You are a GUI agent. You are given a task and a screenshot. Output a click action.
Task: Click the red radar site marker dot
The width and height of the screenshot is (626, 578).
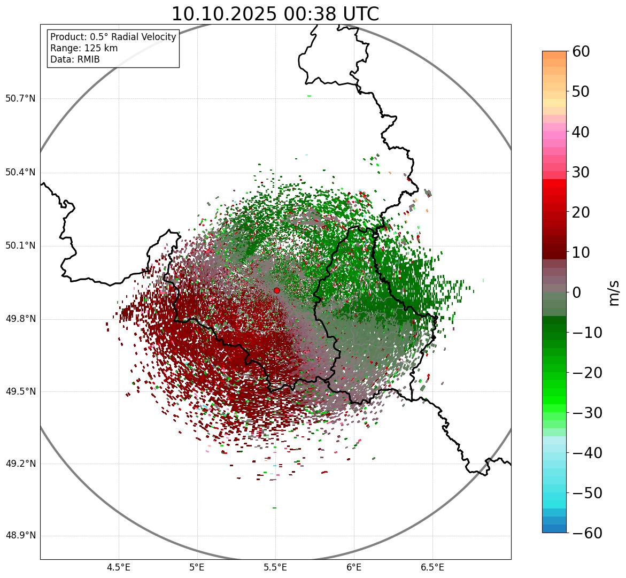tap(276, 290)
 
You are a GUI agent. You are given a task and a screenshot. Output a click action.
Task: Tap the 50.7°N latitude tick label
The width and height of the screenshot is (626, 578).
tap(20, 98)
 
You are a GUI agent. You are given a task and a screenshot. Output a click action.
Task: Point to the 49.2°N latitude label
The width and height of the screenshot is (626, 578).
tap(20, 464)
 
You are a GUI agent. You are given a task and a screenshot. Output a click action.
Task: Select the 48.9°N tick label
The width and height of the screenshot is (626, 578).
tap(20, 536)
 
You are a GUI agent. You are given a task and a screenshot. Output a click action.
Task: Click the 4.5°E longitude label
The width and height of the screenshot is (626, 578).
tap(119, 567)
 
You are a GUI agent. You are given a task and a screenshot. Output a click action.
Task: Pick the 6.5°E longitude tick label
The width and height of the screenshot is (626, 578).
tap(432, 567)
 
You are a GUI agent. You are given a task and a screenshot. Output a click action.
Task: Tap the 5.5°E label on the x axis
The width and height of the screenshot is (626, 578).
tap(275, 567)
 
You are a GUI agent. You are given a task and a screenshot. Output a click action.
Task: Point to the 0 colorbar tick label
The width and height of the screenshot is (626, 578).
tap(577, 292)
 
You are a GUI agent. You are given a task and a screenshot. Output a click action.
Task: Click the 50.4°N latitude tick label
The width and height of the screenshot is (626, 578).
tap(20, 172)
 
